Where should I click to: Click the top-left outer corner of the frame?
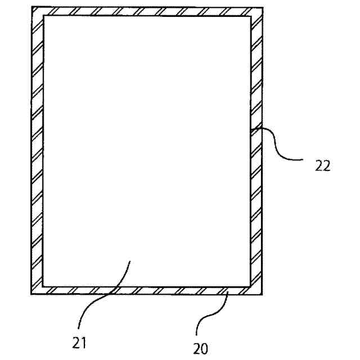click(31, 7)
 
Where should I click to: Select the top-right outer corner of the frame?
click(263, 7)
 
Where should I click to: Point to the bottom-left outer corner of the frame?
click(31, 294)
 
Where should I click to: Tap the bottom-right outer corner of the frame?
click(263, 294)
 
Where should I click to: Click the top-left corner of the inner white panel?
click(43, 16)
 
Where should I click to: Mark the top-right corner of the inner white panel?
click(250, 16)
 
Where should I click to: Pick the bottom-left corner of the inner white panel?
click(43, 285)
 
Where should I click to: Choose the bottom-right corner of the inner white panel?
click(250, 285)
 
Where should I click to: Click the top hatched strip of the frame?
click(146, 12)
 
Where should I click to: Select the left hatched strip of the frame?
click(37, 152)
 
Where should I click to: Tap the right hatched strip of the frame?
click(256, 197)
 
